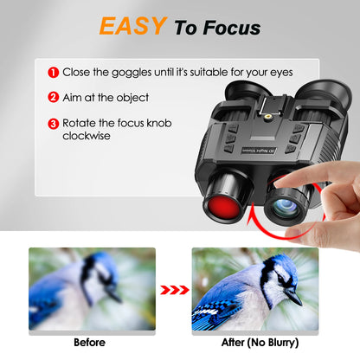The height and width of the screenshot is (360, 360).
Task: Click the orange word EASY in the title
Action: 132,26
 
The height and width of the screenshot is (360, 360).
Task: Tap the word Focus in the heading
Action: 228,28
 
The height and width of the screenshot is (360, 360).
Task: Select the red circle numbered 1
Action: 53,73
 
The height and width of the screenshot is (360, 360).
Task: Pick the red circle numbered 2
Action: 53,98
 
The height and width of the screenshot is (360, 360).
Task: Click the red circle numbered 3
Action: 53,123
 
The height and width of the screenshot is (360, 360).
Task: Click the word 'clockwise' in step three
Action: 87,136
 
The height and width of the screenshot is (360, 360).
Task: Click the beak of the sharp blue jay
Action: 294,299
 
